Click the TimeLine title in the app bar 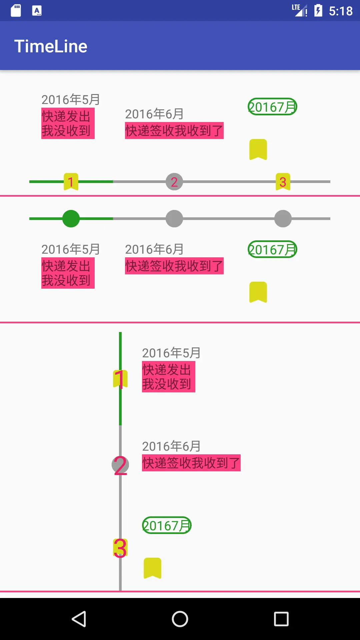[51, 46]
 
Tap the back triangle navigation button [79, 619]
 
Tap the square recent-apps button [281, 619]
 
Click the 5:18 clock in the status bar [340, 11]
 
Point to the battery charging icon [318, 11]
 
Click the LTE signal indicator [299, 10]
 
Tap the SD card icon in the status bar [16, 11]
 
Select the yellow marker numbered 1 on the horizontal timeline [71, 182]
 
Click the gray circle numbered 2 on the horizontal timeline [174, 182]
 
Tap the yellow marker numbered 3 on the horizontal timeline [283, 182]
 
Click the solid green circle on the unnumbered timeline [71, 219]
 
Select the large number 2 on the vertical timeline [120, 465]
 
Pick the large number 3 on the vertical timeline [120, 548]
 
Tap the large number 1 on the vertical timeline [120, 379]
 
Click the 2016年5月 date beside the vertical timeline [171, 353]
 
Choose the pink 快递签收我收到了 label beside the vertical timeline [191, 463]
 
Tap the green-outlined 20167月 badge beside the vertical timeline [167, 525]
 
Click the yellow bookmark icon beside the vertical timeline [152, 568]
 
